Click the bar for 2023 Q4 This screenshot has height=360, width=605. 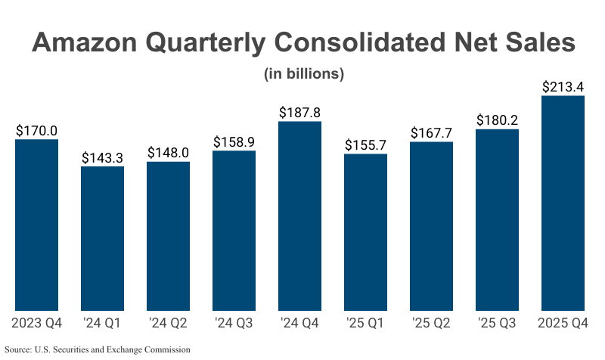coord(36,225)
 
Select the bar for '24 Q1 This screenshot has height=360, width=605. coord(102,238)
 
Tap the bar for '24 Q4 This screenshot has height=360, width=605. coord(299,216)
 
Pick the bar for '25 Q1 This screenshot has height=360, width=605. coord(365,232)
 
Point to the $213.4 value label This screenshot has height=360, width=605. coord(563,87)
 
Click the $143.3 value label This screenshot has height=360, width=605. coord(102,157)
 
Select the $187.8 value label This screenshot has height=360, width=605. coord(299,113)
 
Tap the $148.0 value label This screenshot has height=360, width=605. coord(168,153)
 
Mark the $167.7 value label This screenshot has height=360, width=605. coord(431,133)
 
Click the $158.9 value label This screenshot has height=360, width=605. coord(234,142)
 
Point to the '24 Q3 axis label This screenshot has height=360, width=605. coord(234,324)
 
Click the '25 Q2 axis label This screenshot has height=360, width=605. coord(431,324)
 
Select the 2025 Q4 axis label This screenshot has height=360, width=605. coord(563,324)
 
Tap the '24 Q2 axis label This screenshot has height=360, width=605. coord(168,324)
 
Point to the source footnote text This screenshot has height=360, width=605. coord(98,349)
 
